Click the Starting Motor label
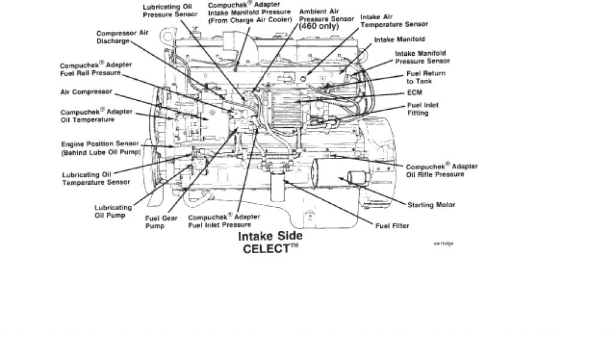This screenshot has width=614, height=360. [431, 205]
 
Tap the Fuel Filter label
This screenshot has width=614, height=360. [392, 226]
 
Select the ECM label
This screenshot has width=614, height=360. [414, 93]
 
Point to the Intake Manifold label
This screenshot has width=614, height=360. [400, 40]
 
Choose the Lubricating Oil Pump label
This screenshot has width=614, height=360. [110, 212]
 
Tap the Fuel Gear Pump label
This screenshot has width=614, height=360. [158, 223]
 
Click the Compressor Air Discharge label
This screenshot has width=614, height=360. [122, 37]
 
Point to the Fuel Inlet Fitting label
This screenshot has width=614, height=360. [423, 109]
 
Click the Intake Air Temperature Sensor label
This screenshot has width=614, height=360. [393, 21]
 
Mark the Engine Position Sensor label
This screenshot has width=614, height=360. [100, 148]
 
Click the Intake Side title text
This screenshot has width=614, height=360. [270, 236]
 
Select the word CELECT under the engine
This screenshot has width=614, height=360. [266, 249]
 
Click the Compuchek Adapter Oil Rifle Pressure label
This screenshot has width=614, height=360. [435, 170]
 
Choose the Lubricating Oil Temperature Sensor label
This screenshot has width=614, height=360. [95, 178]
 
